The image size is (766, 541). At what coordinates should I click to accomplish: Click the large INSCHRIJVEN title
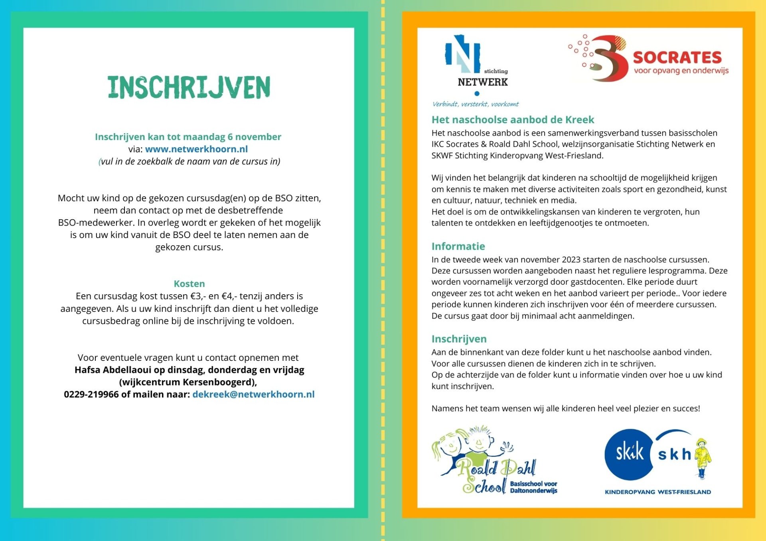coord(189,87)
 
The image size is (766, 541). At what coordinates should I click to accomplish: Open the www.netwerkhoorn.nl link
coord(196,149)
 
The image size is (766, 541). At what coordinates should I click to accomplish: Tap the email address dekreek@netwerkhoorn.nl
coord(253,394)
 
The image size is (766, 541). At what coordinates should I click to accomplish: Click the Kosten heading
coord(189,284)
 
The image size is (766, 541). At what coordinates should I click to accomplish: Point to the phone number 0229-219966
coord(91,394)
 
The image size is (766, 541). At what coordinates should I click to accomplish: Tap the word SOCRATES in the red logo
coord(677,57)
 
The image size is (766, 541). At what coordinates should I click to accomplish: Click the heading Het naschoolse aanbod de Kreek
coord(513,120)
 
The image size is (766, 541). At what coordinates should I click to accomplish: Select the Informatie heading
coord(458,246)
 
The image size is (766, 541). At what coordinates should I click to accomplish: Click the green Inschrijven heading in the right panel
coord(459,339)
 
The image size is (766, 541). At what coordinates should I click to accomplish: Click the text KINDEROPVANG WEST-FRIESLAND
coord(658,492)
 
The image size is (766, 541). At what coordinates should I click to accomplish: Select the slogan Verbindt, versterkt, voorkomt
coord(475,104)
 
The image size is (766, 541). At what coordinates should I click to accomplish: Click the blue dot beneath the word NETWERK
coord(477,94)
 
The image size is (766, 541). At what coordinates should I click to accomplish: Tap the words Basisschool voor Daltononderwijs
coord(533,487)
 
